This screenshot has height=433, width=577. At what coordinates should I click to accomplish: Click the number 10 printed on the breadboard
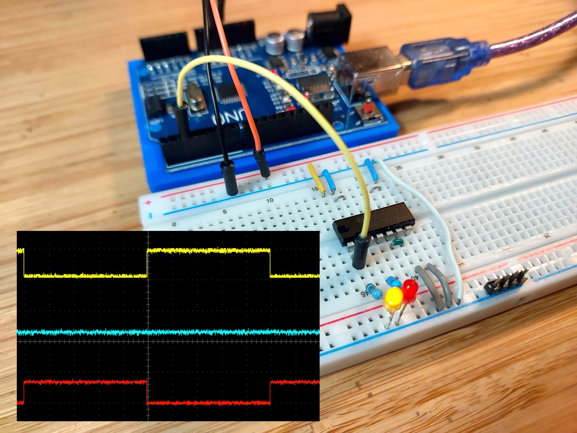270,200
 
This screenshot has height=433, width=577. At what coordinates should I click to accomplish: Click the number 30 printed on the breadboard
440,157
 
